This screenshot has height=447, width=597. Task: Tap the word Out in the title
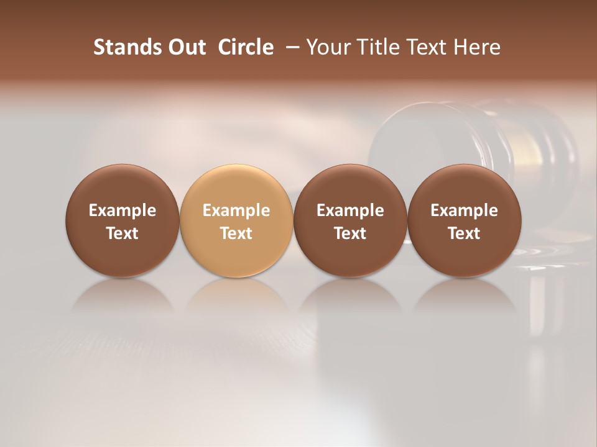pyautogui.click(x=187, y=47)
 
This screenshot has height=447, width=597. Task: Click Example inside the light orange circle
pyautogui.click(x=236, y=210)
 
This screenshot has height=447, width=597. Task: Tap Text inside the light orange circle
pyautogui.click(x=236, y=233)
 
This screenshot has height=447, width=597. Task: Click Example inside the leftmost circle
pyautogui.click(x=123, y=210)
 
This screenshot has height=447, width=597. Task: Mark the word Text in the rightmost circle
pyautogui.click(x=465, y=233)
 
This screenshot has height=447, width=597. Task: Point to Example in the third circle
pyautogui.click(x=350, y=210)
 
